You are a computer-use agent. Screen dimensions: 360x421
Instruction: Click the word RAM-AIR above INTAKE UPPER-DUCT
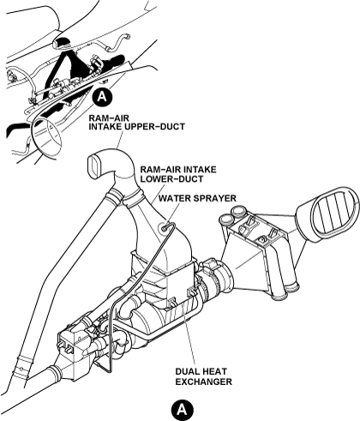point(105,117)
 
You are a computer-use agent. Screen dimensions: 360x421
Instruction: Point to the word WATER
point(173,198)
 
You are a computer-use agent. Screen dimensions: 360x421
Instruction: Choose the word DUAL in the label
point(187,371)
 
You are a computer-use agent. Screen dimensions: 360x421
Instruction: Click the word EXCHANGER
point(203,382)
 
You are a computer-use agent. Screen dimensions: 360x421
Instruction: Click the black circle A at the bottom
point(183,410)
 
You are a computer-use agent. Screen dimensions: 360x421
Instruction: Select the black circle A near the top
point(102,97)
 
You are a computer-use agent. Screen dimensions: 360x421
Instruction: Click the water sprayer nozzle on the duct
point(165,229)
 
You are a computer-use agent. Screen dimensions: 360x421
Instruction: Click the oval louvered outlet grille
point(333,212)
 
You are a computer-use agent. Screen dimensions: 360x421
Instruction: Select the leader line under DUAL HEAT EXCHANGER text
point(190,334)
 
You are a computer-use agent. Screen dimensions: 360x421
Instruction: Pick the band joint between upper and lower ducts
point(132,201)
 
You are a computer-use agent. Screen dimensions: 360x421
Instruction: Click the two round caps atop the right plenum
point(231,216)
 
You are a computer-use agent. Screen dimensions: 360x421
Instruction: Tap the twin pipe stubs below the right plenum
point(285,292)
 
